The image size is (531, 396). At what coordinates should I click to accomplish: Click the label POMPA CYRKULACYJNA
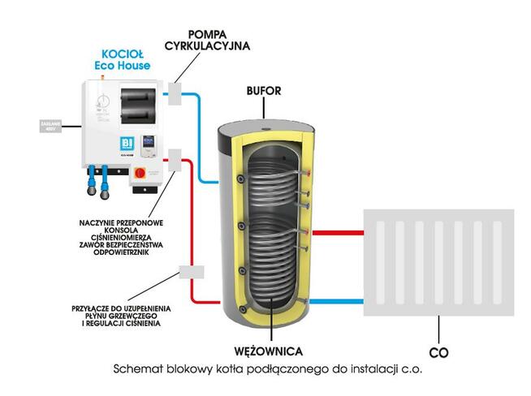(x=218, y=41)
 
